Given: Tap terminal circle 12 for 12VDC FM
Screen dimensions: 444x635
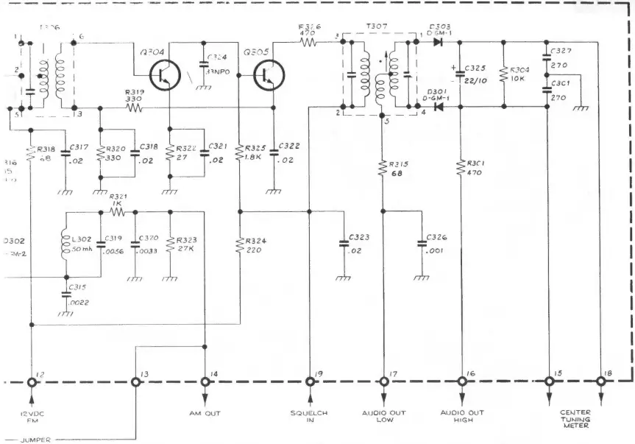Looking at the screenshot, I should pyautogui.click(x=32, y=382).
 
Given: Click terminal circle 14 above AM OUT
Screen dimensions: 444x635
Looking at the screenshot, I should pyautogui.click(x=205, y=382).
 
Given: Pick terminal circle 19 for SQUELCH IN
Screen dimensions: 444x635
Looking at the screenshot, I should pyautogui.click(x=309, y=382).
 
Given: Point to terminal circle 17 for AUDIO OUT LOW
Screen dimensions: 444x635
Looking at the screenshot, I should pyautogui.click(x=384, y=382).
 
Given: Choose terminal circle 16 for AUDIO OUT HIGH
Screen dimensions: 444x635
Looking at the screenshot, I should pyautogui.click(x=462, y=382).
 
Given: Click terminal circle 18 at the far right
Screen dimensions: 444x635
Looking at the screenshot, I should pyautogui.click(x=601, y=382).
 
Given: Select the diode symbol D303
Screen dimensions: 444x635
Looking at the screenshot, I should pyautogui.click(x=439, y=42).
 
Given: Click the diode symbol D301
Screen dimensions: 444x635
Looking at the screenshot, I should pyautogui.click(x=439, y=106).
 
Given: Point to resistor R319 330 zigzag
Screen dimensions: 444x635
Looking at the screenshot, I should pyautogui.click(x=133, y=107).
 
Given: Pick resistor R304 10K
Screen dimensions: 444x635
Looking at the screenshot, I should pyautogui.click(x=503, y=76).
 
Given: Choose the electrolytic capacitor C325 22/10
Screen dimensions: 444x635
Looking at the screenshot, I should pyautogui.click(x=461, y=74).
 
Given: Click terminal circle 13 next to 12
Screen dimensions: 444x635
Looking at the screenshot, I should pyautogui.click(x=136, y=382).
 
